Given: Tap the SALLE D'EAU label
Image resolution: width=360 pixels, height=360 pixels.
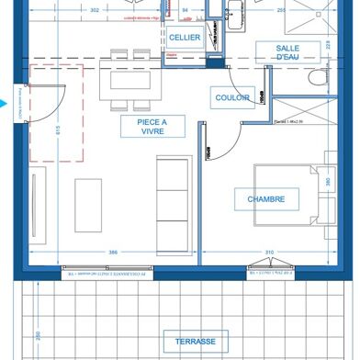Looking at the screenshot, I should coord(291,53).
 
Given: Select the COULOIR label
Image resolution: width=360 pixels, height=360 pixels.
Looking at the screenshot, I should coord(234,96).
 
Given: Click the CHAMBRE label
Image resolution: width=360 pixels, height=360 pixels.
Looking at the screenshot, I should coord(265,198).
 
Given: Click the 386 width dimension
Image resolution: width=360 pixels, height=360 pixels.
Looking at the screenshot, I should coord(113,252).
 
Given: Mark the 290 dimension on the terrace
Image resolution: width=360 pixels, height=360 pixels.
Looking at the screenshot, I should coord(38,337).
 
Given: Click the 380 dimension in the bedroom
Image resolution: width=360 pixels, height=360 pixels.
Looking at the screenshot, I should coord(327,182).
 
